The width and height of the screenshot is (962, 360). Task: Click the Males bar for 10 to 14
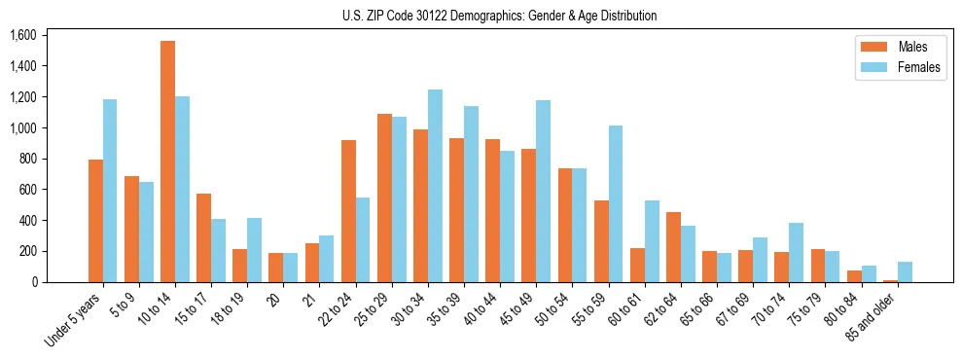pos(168,162)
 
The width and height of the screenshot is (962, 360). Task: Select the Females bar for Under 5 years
pos(110,191)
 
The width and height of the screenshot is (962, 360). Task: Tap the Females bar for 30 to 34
pos(435,186)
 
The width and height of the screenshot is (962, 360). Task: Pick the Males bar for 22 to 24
pos(348,211)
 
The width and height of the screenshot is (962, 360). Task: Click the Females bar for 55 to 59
pos(615,203)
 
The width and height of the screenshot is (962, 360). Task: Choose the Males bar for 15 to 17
pos(204,237)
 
